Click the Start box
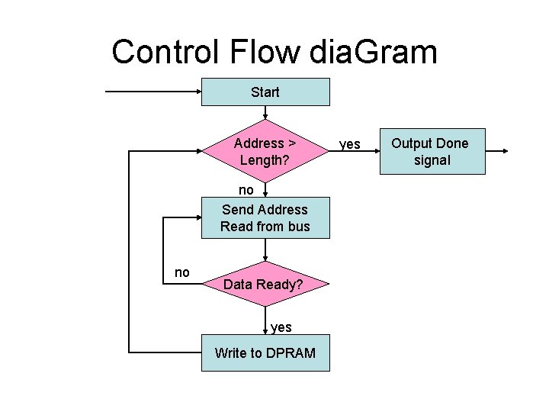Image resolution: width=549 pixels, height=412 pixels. point(265,92)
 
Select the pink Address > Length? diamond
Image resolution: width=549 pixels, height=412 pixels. point(265,152)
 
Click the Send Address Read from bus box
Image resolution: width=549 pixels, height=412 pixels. point(265,217)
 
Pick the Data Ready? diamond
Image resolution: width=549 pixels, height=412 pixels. point(265,284)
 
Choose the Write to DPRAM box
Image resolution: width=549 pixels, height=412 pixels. point(265,352)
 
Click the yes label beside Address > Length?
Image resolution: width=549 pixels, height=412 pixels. point(350,144)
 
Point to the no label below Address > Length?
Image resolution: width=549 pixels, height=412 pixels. point(246,188)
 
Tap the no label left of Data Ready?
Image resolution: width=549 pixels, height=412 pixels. point(182,272)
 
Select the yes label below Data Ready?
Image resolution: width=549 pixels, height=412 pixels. point(281,327)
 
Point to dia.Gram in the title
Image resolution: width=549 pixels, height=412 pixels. point(374,53)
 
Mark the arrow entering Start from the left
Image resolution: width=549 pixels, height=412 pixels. point(152,92)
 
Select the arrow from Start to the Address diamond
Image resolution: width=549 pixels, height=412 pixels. point(265,113)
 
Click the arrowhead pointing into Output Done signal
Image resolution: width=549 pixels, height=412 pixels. point(377,152)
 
